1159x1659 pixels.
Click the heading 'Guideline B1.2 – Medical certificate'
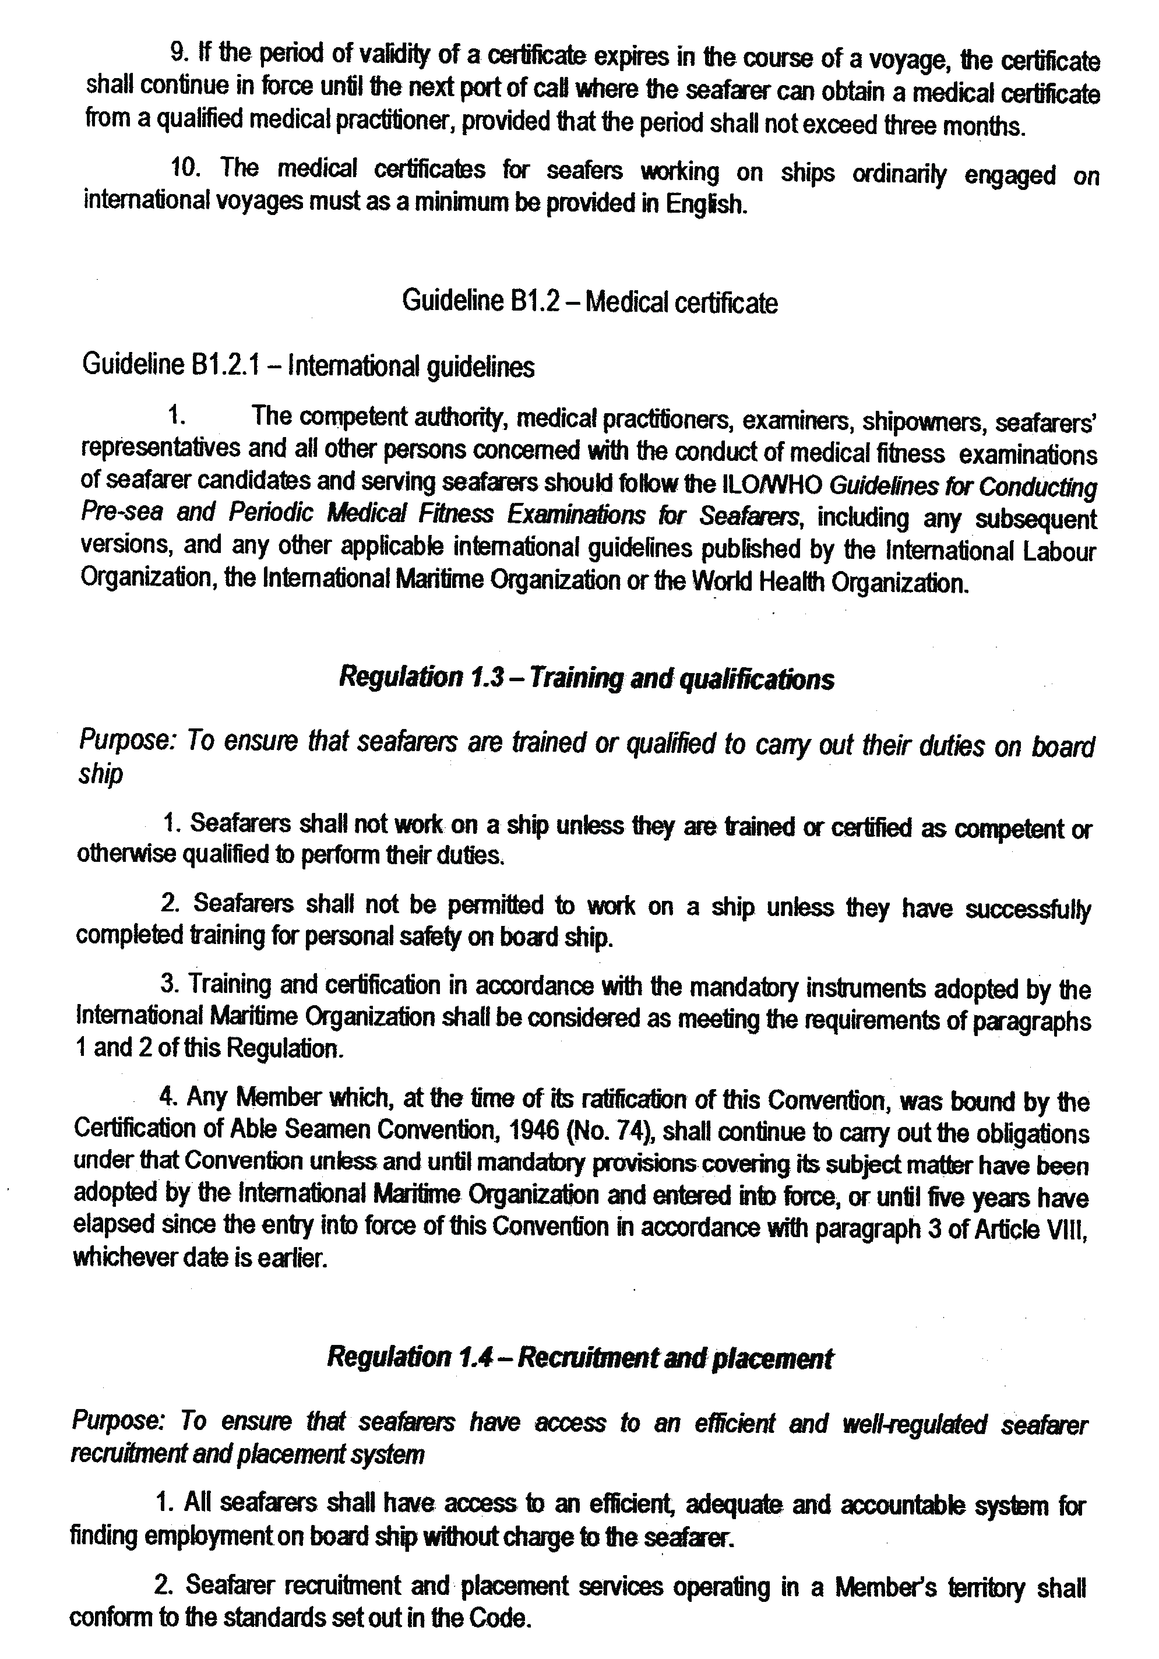tap(590, 302)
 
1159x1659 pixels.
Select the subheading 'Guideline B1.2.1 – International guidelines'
tap(308, 367)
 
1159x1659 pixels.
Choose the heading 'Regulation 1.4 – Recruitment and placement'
tap(579, 1358)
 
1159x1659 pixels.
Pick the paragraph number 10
tap(184, 168)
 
